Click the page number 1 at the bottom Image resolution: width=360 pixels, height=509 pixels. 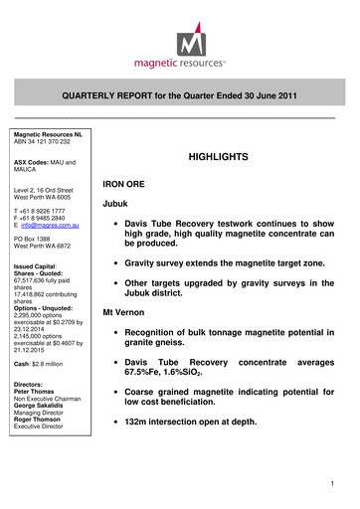point(339,483)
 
